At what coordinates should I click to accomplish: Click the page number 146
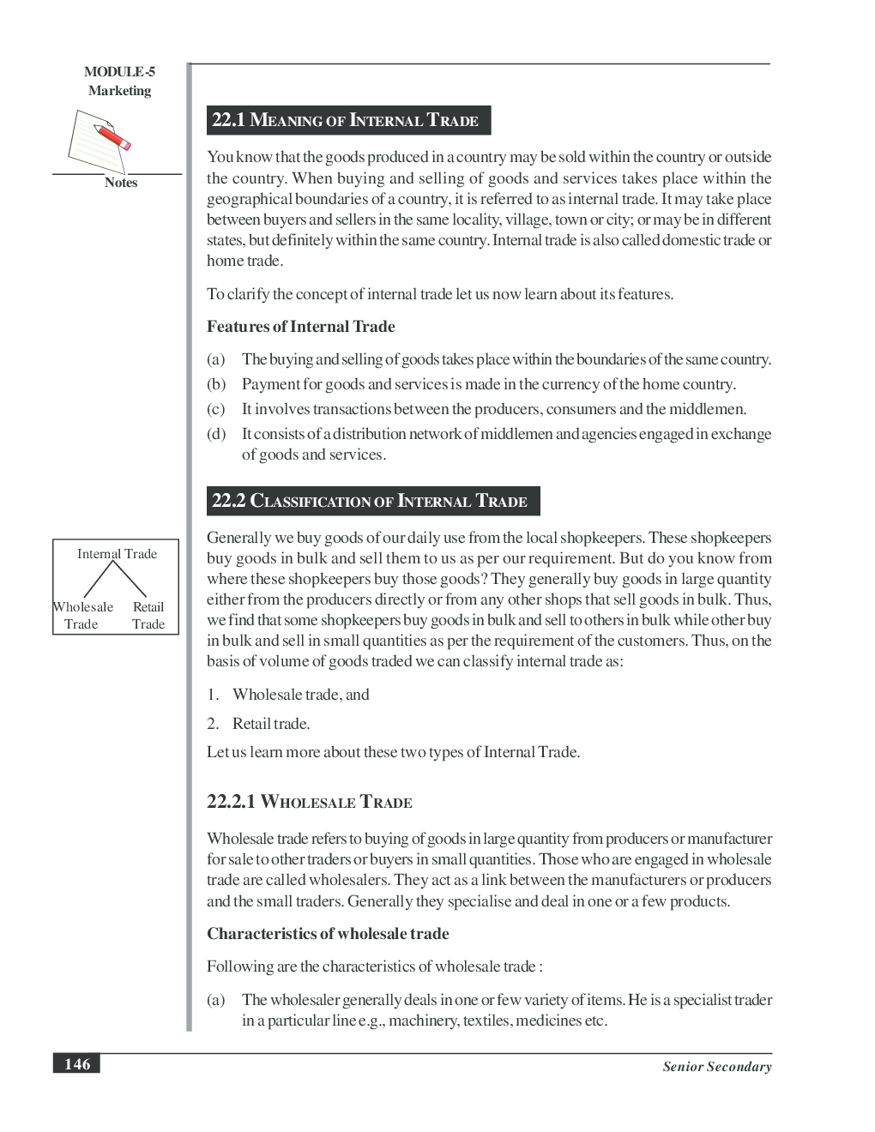(76, 1064)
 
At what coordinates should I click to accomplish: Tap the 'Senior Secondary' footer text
(716, 1067)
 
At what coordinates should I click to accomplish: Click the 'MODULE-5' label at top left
(119, 72)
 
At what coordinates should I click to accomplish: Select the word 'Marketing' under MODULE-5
(119, 91)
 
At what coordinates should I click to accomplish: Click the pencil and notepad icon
(100, 141)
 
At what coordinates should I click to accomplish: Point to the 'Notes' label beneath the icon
(120, 183)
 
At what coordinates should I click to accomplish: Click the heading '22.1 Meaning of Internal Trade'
(345, 120)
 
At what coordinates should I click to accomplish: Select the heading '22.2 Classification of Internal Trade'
(370, 501)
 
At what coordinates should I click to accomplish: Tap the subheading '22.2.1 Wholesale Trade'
(309, 802)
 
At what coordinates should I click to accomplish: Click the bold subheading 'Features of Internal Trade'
(300, 327)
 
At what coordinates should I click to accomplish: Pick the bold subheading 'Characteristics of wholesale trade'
(328, 934)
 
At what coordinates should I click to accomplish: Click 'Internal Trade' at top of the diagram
(117, 554)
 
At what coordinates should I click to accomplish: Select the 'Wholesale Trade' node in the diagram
(81, 616)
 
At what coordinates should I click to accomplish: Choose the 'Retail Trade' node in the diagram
(148, 616)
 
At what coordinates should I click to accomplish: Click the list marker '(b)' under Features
(216, 384)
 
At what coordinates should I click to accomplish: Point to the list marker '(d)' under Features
(216, 434)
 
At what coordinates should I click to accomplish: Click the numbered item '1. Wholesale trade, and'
(288, 695)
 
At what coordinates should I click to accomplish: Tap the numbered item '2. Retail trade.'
(258, 724)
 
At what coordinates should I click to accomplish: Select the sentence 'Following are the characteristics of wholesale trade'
(374, 966)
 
